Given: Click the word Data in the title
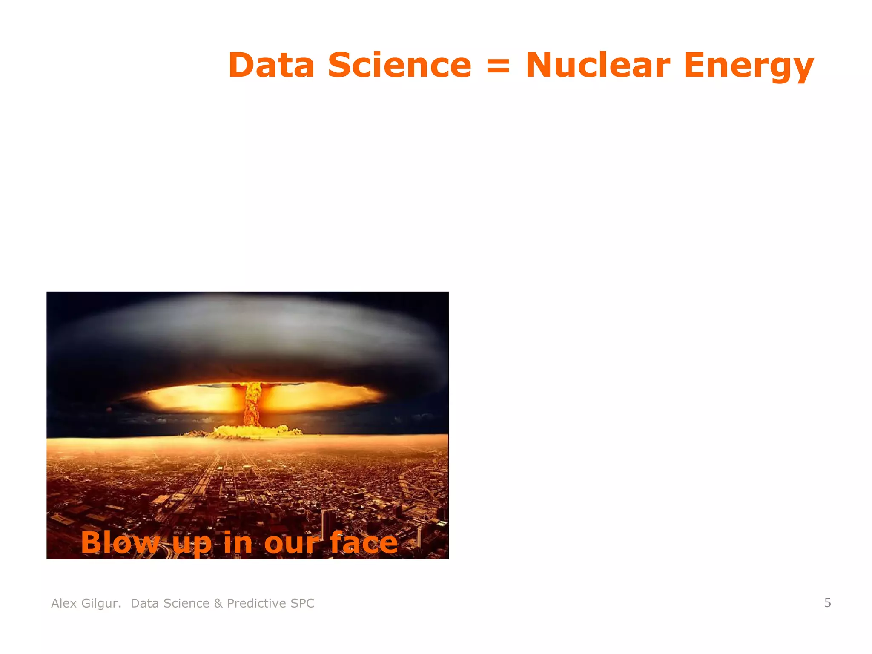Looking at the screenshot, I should tap(271, 65).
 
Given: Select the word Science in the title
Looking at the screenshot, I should tap(399, 65).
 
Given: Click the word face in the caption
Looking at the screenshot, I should tap(364, 543).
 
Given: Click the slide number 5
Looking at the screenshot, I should tap(827, 602).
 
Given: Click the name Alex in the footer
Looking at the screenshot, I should tap(64, 603).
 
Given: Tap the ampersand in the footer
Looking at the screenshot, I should tap(218, 603).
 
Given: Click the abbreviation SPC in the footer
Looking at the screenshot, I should tap(302, 603).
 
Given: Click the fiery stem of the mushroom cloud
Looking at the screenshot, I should tap(252, 404).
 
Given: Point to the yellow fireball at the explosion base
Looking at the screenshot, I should tap(251, 431).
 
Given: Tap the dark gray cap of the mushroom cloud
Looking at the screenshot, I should tap(247, 336).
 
